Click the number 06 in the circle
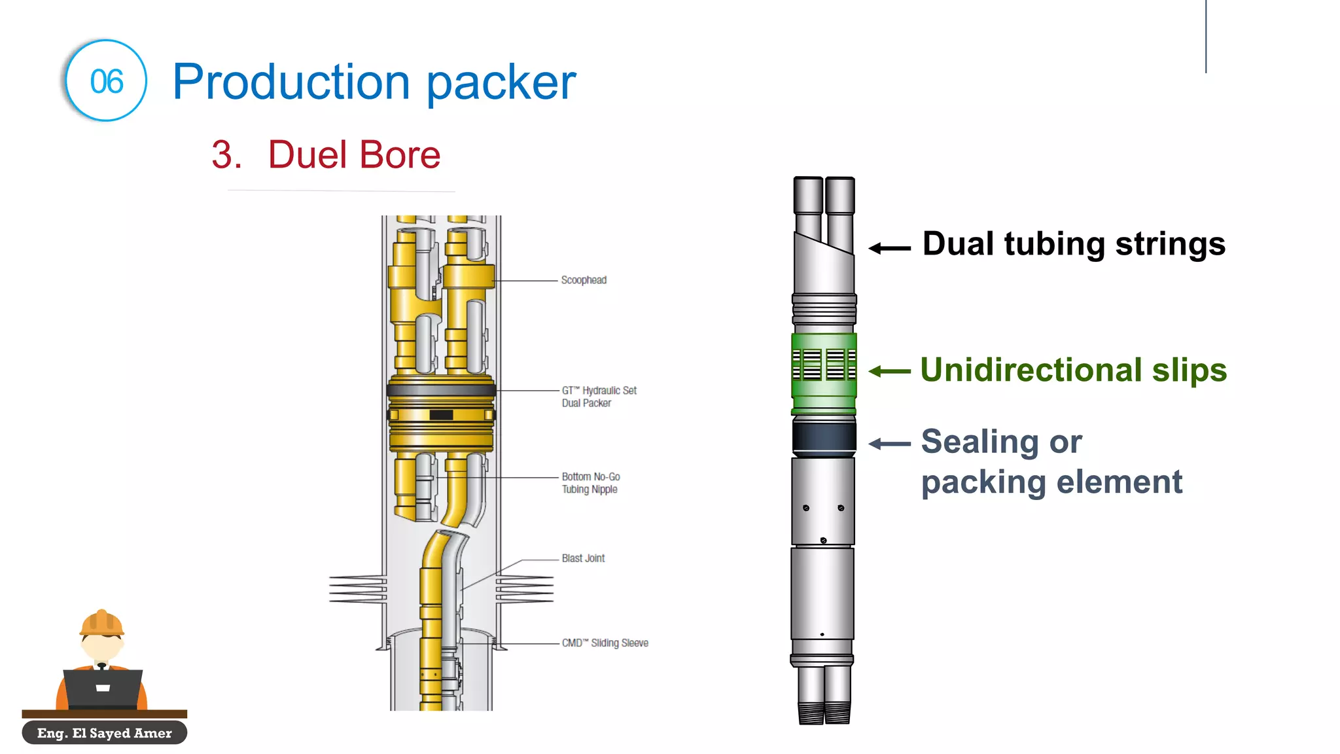107,82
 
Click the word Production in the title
291,82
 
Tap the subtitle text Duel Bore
353,155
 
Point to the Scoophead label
584,280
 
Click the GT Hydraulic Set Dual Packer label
599,397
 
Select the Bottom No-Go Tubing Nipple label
590,483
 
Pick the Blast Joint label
583,558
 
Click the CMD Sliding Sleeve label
605,643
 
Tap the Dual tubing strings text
1073,244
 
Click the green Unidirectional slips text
1073,370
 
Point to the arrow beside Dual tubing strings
889,248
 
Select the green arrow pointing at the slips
889,371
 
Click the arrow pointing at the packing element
889,444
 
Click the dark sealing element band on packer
824,437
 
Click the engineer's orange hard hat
101,623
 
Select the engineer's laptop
103,688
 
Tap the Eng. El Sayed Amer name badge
105,733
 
